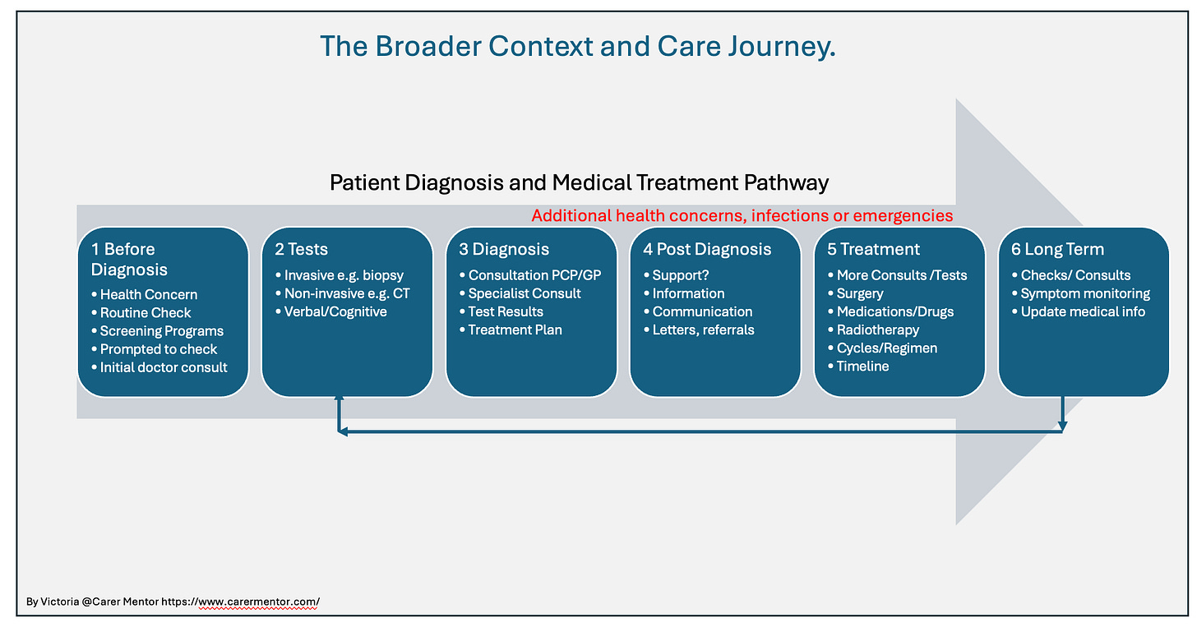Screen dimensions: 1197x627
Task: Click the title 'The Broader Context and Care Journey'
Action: point(578,47)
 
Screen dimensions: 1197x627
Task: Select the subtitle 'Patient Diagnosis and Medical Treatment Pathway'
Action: point(579,182)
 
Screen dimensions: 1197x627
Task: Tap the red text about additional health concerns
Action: point(742,216)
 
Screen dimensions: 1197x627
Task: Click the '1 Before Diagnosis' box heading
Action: point(129,259)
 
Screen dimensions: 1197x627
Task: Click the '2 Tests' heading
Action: point(301,249)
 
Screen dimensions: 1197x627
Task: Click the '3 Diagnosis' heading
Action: point(503,250)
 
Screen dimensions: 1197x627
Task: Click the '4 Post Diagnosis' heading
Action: point(707,250)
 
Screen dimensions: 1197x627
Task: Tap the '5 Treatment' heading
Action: point(873,249)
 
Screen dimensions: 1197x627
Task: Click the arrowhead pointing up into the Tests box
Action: point(339,399)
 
